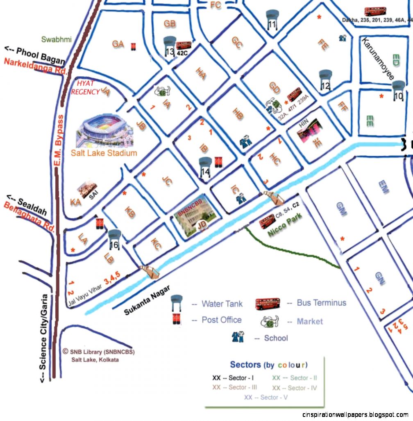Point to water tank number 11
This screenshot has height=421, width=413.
point(272,20)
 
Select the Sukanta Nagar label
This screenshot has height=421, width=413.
point(146,301)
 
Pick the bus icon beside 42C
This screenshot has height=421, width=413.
point(184,45)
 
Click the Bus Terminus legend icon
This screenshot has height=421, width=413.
point(268,304)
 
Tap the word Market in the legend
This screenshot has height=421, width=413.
point(310,321)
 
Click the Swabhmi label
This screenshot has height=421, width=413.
point(57,40)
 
